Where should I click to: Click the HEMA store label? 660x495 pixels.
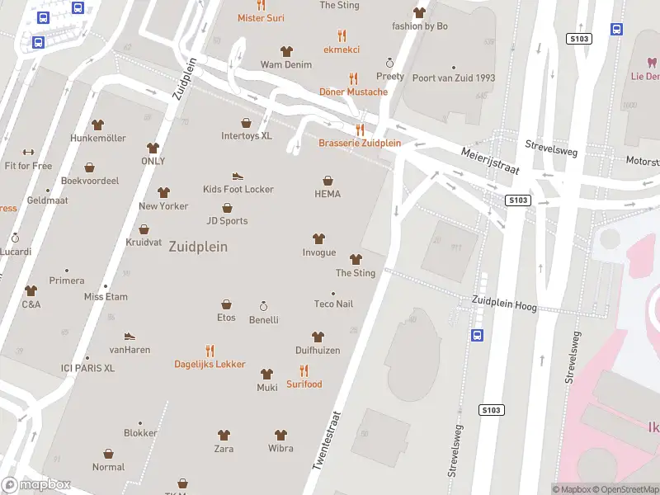point(328,194)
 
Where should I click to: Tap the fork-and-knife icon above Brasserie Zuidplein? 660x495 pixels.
point(360,130)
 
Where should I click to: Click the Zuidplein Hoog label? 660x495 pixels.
point(504,304)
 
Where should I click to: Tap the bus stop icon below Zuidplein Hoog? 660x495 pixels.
point(477,335)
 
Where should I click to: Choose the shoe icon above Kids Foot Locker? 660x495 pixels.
point(238,176)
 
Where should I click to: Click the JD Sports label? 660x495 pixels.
point(227,220)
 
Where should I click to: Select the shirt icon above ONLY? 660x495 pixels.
point(153,148)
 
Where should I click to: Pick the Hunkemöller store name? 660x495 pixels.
point(98,138)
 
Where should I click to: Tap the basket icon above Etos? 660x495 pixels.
point(226,304)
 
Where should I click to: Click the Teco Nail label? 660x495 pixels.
point(333,304)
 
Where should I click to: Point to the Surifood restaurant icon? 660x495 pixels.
point(304,370)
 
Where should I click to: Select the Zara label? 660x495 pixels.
point(224,449)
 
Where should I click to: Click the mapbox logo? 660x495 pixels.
point(36,485)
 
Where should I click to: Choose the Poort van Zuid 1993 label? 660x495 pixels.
point(454,78)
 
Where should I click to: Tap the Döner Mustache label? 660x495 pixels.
point(353,92)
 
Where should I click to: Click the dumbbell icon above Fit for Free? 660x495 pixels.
point(28,152)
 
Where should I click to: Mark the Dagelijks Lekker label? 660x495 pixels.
point(210,364)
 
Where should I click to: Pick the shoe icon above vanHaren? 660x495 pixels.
point(130,336)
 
